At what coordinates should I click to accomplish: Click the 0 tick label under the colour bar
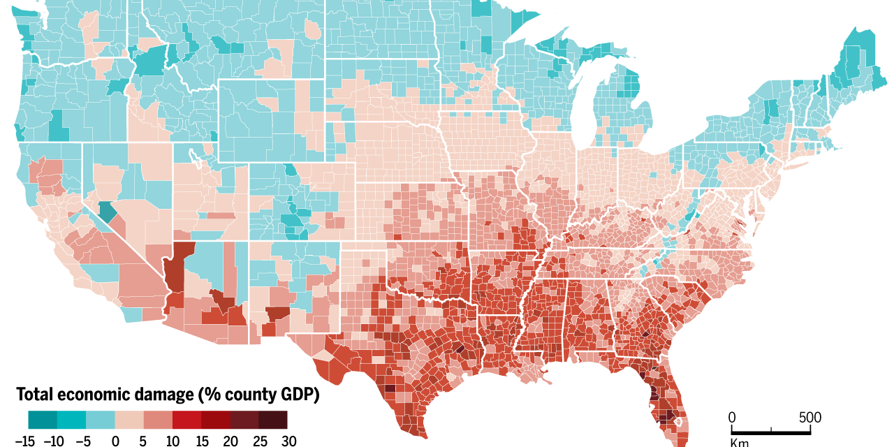coord(115,440)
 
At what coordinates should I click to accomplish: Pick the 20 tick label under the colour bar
coord(230,440)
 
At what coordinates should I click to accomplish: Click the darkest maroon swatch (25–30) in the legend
coord(273,419)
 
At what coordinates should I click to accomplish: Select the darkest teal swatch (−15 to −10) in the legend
coord(43,419)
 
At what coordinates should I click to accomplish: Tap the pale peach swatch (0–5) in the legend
coord(129,419)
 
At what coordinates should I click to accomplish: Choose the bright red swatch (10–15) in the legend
coord(187,419)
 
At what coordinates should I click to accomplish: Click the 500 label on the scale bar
coord(810,418)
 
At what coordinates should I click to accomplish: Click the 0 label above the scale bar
coord(732,418)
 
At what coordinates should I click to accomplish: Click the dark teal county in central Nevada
coord(108,211)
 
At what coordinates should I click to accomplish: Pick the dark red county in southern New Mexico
coord(277,313)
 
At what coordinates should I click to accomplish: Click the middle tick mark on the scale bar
coord(771,428)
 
